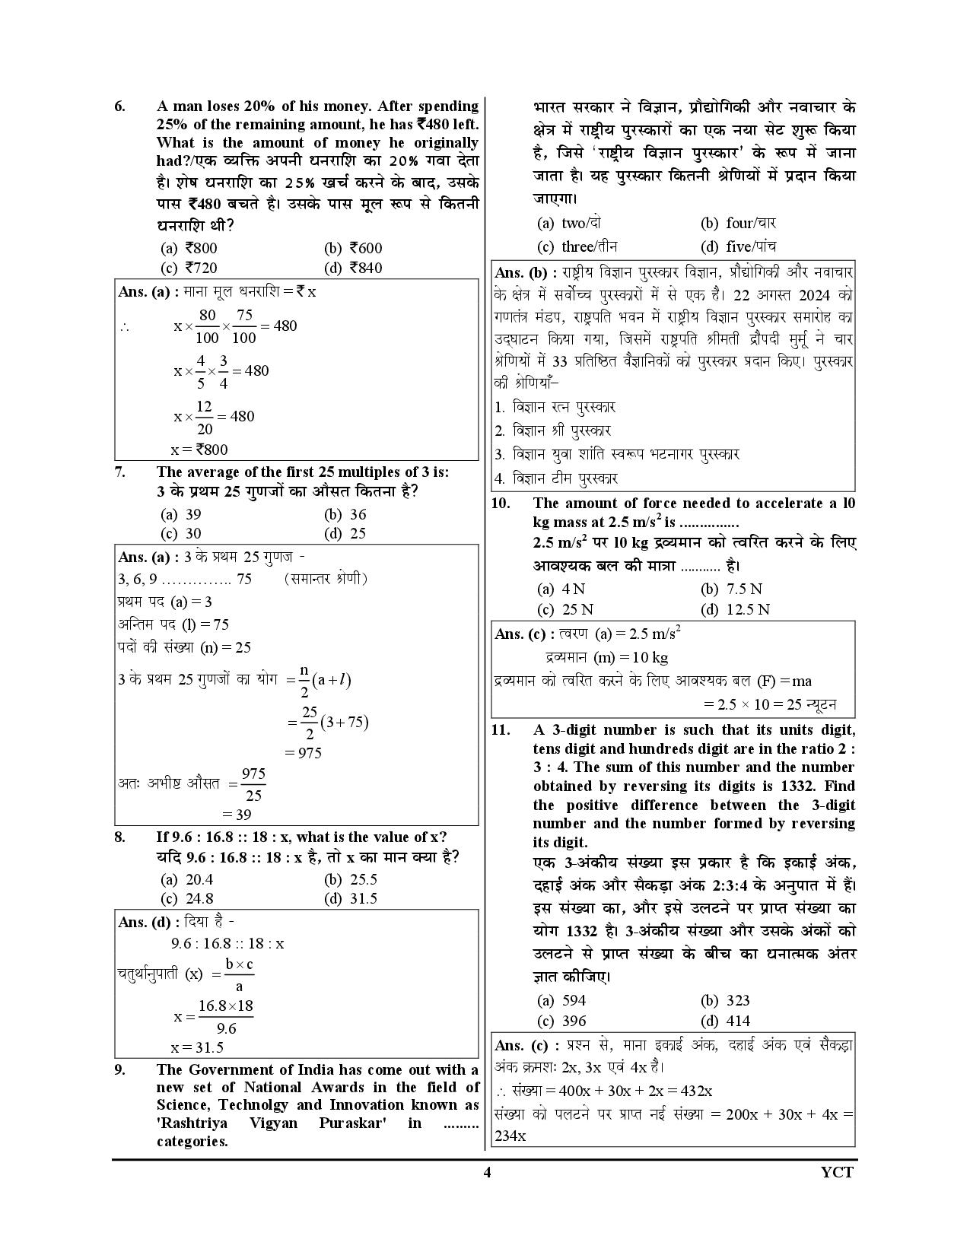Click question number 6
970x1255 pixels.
tap(119, 106)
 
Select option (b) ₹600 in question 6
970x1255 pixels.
tap(354, 248)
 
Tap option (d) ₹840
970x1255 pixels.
tap(354, 268)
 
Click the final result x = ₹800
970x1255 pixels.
tap(199, 449)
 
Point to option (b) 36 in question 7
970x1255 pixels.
tap(345, 514)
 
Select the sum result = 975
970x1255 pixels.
tap(304, 752)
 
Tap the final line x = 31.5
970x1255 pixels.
tap(197, 1047)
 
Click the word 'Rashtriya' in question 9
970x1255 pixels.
tap(191, 1123)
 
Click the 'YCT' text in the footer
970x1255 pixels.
tap(838, 1172)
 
